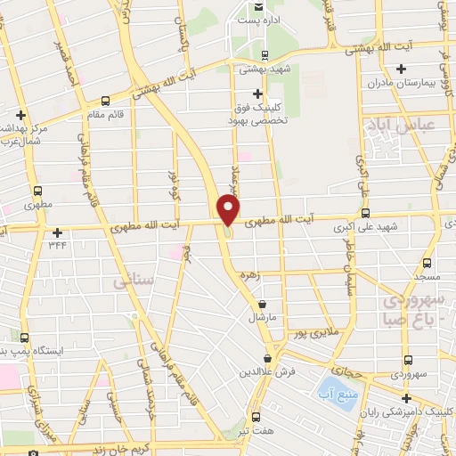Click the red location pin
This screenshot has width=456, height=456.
point(229,210)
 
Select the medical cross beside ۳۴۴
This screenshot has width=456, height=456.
point(57,232)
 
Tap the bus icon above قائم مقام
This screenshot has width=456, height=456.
point(106,102)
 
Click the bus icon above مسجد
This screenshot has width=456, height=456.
point(427,262)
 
